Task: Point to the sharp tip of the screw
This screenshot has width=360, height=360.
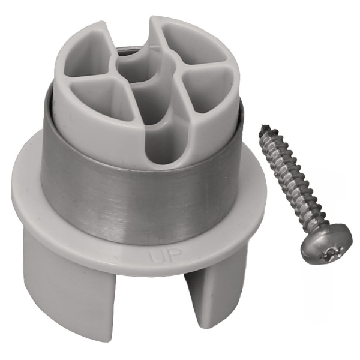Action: pos(263,126)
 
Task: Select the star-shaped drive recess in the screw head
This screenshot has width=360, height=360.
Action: pos(332,253)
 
